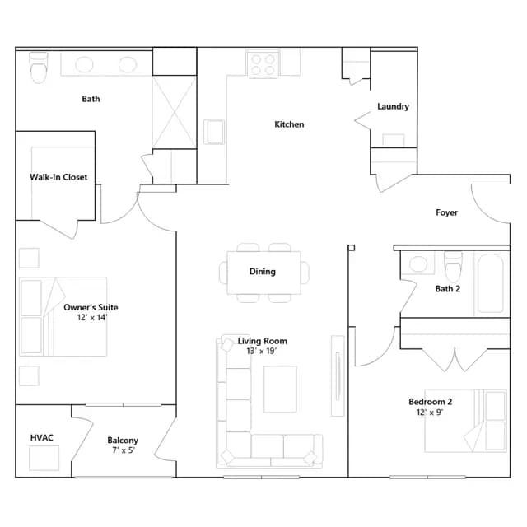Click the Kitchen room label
point(289,124)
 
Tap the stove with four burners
point(263,64)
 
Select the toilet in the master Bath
point(39,68)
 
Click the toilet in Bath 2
point(453,267)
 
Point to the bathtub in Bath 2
point(491,283)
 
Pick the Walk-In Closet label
point(58,177)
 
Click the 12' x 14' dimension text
point(92,317)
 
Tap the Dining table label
point(263,271)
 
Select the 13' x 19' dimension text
point(262,351)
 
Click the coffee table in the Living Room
point(280,389)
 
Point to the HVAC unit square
point(44,458)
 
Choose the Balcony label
point(123,441)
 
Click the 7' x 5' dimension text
point(124,450)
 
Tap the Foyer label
point(446,212)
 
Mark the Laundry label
point(393,106)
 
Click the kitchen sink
point(214,132)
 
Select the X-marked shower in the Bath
point(174,112)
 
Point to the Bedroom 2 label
point(430,402)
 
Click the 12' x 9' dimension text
point(430,412)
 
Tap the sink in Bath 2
point(417,263)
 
